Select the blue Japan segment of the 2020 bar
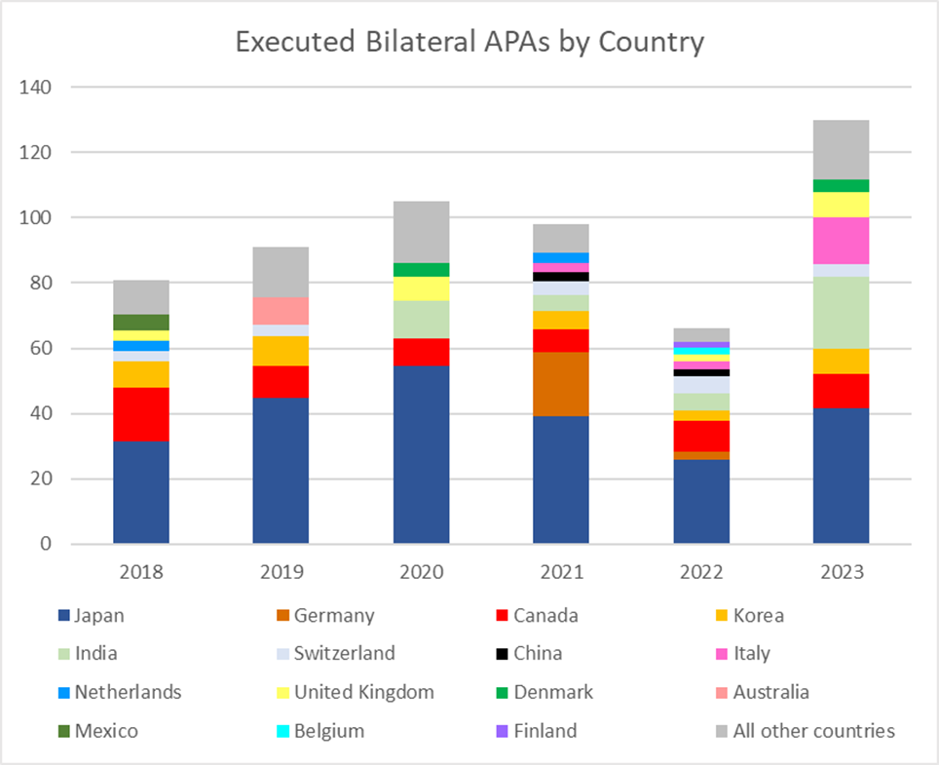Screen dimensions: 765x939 tap(421, 454)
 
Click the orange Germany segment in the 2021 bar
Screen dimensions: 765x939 tap(561, 384)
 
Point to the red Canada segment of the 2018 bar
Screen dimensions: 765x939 tap(141, 414)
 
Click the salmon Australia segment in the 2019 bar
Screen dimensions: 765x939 tap(281, 311)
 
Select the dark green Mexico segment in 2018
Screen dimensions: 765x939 tap(141, 322)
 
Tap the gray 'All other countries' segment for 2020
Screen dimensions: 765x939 tap(421, 232)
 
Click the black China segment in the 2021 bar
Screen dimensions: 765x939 tap(561, 277)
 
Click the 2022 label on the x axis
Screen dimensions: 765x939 tap(701, 572)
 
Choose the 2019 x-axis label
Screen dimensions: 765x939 tap(281, 572)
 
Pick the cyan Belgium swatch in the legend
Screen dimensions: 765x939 tap(282, 731)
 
